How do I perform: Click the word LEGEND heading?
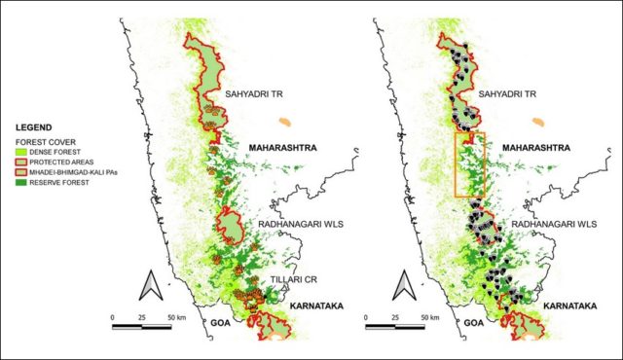click(31, 126)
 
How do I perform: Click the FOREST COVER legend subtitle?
click(40, 138)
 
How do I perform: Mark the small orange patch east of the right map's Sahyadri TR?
click(537, 123)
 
